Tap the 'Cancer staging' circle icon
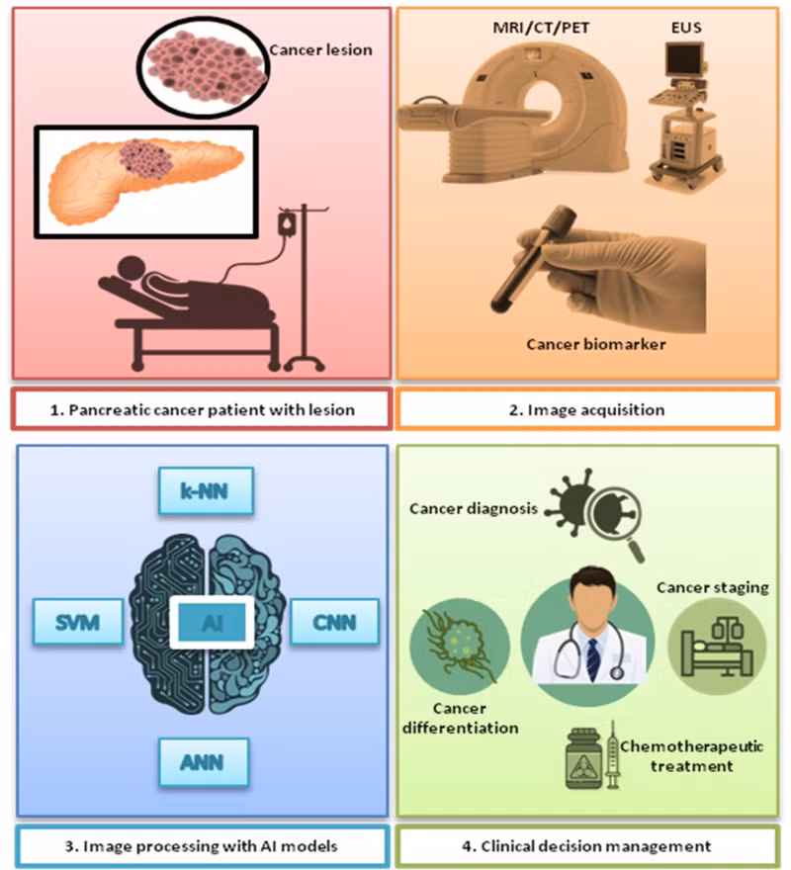point(717,647)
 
